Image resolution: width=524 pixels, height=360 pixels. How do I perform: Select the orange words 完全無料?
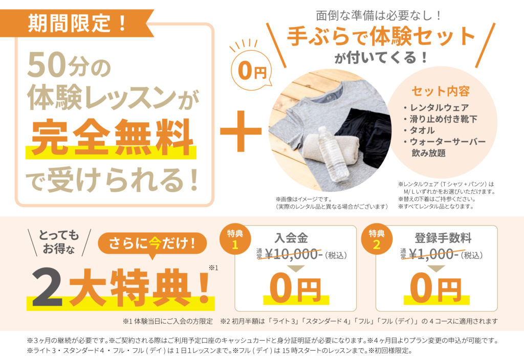click(113, 137)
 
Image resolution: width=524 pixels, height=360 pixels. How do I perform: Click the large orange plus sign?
click(241, 131)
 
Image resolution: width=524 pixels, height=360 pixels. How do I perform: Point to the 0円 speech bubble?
click(251, 71)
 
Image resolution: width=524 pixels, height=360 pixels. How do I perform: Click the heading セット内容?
click(441, 91)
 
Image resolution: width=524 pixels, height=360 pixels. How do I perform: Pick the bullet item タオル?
click(420, 130)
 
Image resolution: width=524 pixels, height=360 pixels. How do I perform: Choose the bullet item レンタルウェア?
click(436, 107)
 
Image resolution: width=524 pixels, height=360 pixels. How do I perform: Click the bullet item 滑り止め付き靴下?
click(441, 119)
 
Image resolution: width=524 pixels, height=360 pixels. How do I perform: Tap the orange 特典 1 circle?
click(235, 239)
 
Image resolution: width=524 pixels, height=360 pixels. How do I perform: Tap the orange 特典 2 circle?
click(377, 239)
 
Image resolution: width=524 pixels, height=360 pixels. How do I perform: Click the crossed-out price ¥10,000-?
click(294, 255)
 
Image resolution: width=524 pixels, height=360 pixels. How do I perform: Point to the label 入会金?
click(291, 238)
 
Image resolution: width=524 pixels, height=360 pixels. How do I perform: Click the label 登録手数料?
click(443, 238)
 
